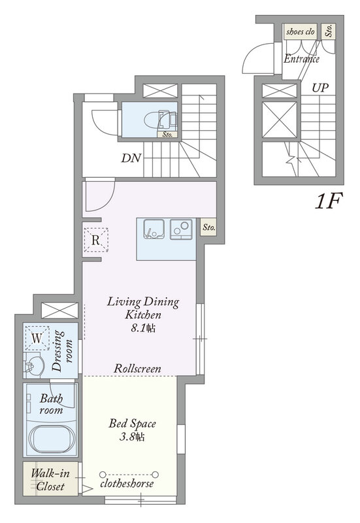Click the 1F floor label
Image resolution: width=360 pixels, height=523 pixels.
pyautogui.click(x=329, y=201)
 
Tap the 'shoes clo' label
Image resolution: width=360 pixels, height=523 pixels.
pyautogui.click(x=301, y=31)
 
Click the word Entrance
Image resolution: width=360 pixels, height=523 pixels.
pyautogui.click(x=301, y=59)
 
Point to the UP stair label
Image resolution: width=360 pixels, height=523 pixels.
pyautogui.click(x=320, y=88)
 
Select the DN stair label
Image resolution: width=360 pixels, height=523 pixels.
pyautogui.click(x=131, y=158)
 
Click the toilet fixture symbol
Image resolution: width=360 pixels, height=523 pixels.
pyautogui.click(x=160, y=120)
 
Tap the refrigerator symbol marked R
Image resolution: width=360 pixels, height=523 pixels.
pyautogui.click(x=96, y=239)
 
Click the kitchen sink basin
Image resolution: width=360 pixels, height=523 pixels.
pyautogui.click(x=154, y=229)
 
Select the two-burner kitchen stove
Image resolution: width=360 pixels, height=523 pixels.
pyautogui.click(x=182, y=229)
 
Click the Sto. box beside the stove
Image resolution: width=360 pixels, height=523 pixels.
pyautogui.click(x=208, y=228)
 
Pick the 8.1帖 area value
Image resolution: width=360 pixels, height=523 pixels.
pyautogui.click(x=143, y=328)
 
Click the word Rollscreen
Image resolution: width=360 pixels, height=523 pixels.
pyautogui.click(x=137, y=368)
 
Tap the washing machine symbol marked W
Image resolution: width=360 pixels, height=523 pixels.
pyautogui.click(x=37, y=338)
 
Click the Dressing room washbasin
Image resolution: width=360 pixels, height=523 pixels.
pyautogui.click(x=34, y=366)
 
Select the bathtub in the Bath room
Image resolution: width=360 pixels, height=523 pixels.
pyautogui.click(x=52, y=439)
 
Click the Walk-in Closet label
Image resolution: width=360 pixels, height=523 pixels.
pyautogui.click(x=50, y=479)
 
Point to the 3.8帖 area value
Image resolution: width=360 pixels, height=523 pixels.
pyautogui.click(x=132, y=437)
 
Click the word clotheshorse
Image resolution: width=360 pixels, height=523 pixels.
pyautogui.click(x=127, y=483)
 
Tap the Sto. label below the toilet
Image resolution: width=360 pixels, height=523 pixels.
pyautogui.click(x=167, y=135)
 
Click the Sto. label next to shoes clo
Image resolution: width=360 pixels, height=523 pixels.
pyautogui.click(x=329, y=31)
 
